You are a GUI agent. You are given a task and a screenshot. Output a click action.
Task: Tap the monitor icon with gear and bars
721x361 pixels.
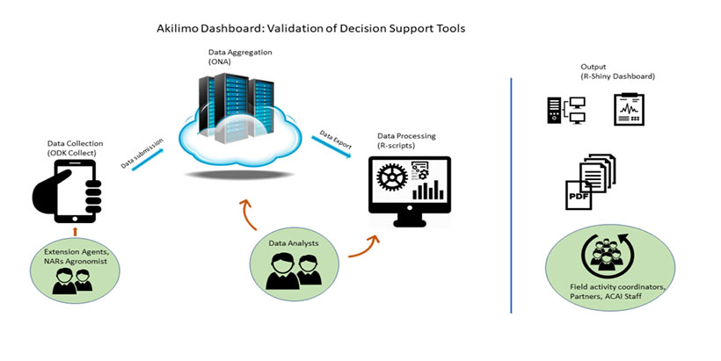click(x=409, y=189)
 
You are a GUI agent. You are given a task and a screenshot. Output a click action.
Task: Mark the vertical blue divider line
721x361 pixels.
click(x=512, y=193)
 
